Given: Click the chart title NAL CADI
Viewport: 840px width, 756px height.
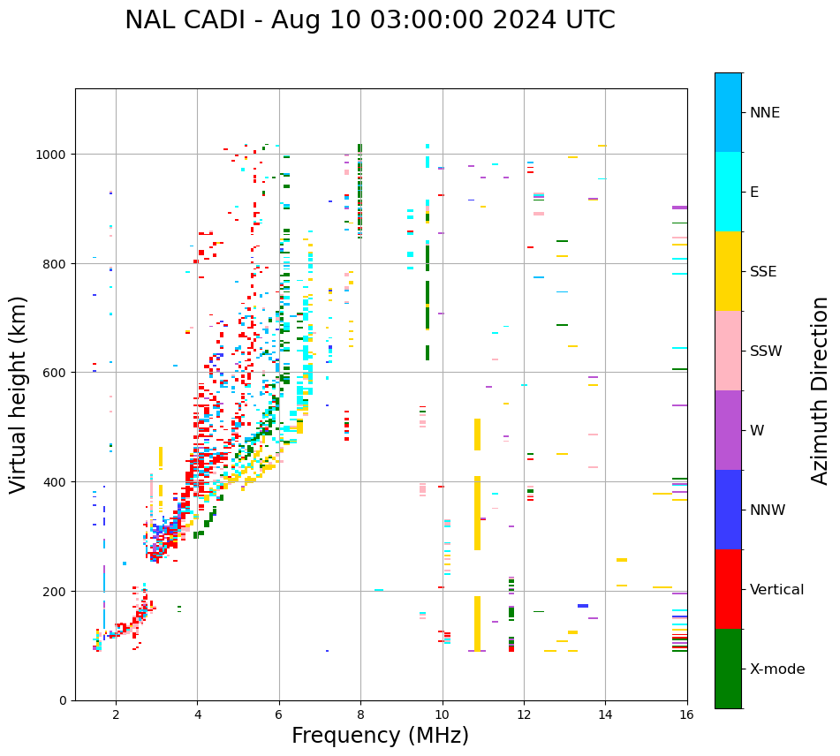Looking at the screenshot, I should coord(369,20).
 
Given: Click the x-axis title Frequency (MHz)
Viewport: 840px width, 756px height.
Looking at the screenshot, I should coord(380,736).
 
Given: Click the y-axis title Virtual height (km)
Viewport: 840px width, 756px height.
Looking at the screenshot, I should coord(19,394).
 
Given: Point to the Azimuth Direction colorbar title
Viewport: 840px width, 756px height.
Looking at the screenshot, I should coord(821,390).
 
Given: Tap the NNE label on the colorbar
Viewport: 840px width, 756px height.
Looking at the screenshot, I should coord(765,113).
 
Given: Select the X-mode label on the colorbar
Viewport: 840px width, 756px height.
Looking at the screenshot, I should coord(777,669).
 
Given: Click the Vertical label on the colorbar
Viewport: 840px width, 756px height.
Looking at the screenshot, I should coord(776,590).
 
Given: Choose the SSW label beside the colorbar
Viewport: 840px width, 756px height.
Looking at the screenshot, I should coord(766,352).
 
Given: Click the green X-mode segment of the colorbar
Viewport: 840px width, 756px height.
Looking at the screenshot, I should coord(728,669).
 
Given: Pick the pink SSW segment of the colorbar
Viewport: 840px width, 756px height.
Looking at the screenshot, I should coord(728,351).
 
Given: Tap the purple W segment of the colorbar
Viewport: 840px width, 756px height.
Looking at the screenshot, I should coord(728,430).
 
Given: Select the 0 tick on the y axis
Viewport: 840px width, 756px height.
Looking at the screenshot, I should coord(64,700).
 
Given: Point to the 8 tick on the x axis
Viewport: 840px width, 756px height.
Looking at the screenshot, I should coord(360,714).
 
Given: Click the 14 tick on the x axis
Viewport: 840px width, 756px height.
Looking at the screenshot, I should coord(605,714).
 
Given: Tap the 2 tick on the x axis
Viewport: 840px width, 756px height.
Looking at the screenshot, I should coord(116,714).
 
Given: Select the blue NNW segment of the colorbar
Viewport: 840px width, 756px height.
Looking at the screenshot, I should coord(728,510).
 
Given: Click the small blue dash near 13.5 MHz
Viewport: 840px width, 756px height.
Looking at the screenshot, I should coord(583,606).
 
